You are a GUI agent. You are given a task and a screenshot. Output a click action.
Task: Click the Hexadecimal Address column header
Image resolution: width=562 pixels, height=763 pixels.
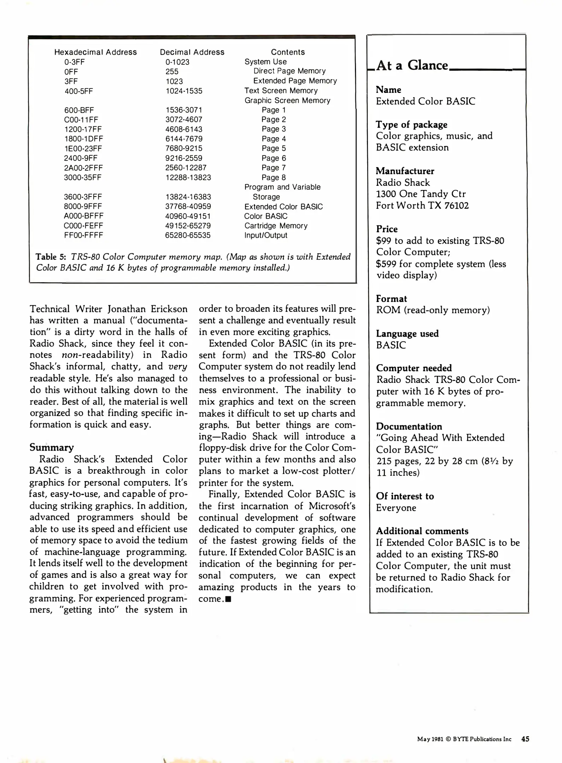tap(95, 52)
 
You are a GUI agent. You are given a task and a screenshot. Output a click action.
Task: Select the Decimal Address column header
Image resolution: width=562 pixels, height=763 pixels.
tap(192, 52)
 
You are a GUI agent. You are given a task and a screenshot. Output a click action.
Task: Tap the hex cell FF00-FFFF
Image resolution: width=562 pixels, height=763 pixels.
tap(83, 235)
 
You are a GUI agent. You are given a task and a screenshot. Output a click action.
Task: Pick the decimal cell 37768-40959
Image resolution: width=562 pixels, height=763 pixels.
tap(188, 206)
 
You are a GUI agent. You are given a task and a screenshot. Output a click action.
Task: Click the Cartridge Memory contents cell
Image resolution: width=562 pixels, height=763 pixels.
tap(276, 226)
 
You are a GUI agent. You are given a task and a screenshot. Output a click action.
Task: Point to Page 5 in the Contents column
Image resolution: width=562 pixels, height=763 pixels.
tap(274, 148)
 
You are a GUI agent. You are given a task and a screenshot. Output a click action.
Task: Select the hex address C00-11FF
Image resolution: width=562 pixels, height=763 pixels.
tap(81, 119)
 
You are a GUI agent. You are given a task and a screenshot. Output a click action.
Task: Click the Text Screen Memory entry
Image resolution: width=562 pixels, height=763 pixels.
tap(281, 91)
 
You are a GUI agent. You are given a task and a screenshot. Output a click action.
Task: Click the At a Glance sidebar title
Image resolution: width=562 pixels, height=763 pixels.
tap(412, 66)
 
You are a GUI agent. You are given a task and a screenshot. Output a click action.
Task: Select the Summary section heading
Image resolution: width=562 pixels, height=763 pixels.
tap(52, 447)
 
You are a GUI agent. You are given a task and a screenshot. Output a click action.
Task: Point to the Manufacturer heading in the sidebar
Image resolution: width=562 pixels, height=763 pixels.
tap(405, 171)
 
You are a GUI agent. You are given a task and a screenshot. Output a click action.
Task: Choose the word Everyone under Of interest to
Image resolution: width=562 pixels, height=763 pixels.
tap(396, 508)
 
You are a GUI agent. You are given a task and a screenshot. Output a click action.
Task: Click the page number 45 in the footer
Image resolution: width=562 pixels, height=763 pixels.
tap(525, 739)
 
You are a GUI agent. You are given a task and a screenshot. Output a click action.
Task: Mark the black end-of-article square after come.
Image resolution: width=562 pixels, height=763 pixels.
tap(228, 599)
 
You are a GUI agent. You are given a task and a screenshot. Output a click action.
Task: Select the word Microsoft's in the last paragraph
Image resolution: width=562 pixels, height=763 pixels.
tap(332, 506)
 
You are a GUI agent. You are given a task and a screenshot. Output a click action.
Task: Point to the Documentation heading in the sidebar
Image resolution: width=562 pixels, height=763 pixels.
tap(409, 426)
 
